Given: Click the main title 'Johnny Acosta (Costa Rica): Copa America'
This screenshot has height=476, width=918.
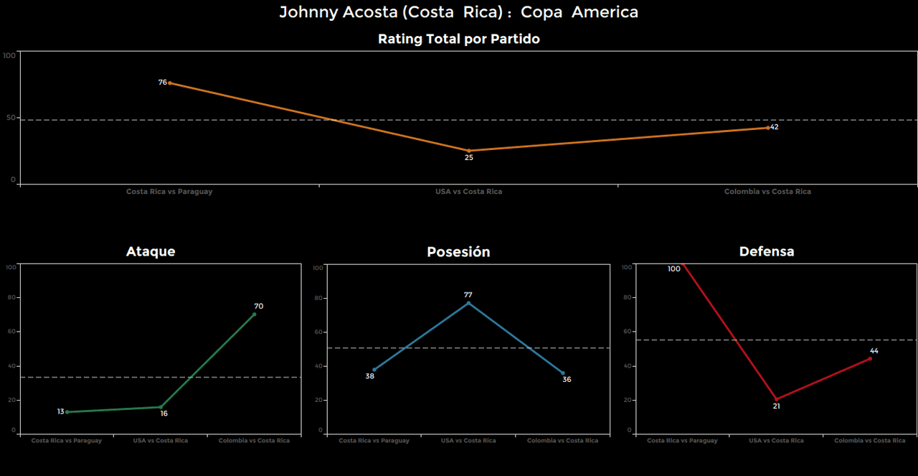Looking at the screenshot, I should click(x=458, y=12).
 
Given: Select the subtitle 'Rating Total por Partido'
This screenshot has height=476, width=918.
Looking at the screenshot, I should click(x=458, y=39).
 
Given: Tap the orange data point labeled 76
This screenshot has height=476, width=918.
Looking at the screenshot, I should click(x=169, y=83).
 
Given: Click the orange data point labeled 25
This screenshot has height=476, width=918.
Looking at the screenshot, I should click(x=469, y=151).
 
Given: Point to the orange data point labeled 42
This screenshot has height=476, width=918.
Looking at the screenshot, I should click(x=767, y=128).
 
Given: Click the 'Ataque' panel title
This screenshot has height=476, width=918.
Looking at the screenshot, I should click(x=151, y=251).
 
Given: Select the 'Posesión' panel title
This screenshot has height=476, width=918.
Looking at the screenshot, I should click(x=458, y=252).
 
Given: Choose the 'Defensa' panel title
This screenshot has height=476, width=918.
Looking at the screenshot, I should click(x=767, y=251).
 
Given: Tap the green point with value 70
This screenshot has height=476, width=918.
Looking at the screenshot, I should click(x=254, y=314).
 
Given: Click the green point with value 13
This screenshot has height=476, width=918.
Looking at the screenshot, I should click(x=67, y=412).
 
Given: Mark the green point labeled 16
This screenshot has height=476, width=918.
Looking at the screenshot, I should click(x=161, y=407).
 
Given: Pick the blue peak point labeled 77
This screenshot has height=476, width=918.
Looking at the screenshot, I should click(x=468, y=303).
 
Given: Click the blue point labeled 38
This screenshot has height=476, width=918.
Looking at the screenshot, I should click(x=374, y=370).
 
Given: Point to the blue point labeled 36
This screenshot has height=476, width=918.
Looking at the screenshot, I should click(x=563, y=373).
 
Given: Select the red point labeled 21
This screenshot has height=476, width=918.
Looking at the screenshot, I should click(x=776, y=399).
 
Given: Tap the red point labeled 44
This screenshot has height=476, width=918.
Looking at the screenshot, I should click(x=870, y=358).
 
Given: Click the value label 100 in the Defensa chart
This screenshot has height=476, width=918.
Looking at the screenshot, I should click(x=673, y=269).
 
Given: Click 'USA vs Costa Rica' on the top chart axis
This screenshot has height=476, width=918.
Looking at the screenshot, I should click(x=468, y=192).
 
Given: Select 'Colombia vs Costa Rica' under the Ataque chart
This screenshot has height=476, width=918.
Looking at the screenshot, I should click(x=254, y=441).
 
